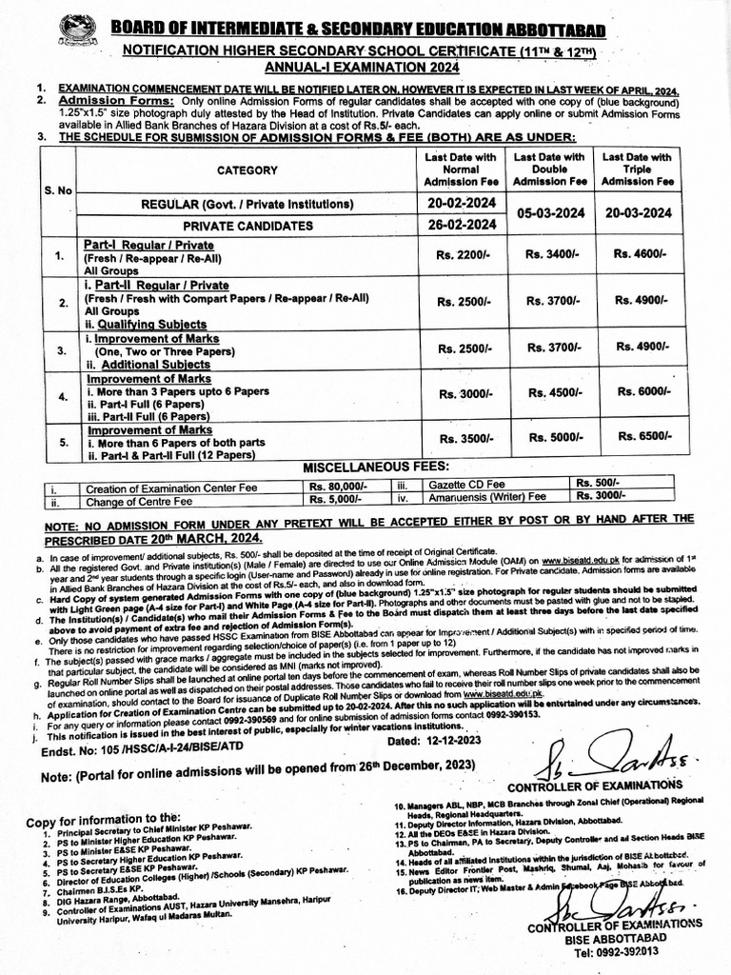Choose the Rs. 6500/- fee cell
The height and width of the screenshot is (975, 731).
point(639,437)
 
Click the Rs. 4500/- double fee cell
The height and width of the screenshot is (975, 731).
point(551,391)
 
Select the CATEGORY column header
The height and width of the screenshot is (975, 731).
point(247,170)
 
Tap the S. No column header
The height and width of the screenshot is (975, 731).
point(58,190)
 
